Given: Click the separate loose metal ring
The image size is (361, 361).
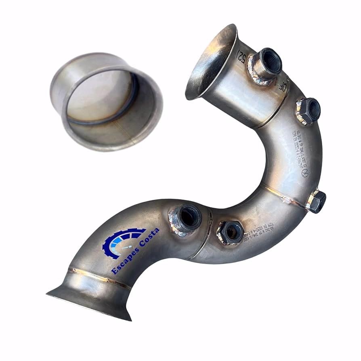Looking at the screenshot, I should [x=106, y=101].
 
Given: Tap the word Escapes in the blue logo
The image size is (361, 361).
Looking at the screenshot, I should [x=124, y=258].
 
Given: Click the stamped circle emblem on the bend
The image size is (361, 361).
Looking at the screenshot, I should [x=305, y=172].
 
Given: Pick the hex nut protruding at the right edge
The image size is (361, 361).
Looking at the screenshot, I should [x=316, y=201].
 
